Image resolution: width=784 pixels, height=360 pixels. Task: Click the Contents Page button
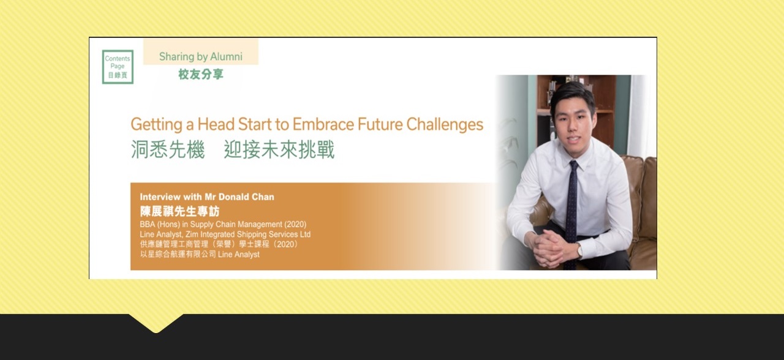[x=118, y=67]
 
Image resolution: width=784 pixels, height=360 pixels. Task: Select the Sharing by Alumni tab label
[x=201, y=56]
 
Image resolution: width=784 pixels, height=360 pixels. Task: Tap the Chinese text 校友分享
[x=201, y=75]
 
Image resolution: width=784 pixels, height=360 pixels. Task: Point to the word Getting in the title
[x=156, y=125]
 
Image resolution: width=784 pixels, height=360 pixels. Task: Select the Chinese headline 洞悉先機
[x=168, y=150]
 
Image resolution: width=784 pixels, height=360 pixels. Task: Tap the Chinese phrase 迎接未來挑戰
[x=279, y=150]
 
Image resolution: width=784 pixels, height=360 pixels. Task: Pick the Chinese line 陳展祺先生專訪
[x=179, y=212]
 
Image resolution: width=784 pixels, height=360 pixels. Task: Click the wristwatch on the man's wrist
[x=579, y=250]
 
